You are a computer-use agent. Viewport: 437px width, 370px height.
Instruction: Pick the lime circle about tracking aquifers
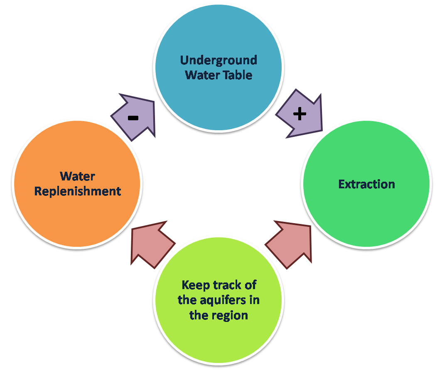point(218,332)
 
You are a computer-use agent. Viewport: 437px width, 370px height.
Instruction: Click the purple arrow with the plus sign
point(300,114)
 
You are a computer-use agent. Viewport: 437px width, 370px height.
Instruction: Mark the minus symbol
point(133,118)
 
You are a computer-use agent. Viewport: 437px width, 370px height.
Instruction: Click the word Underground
point(218,60)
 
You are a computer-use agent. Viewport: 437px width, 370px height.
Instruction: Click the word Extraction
point(366,184)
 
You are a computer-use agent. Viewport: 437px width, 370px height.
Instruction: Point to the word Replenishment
point(78,191)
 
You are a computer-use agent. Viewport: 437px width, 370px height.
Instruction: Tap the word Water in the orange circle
point(78,176)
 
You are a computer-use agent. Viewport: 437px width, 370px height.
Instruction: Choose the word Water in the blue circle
point(202,75)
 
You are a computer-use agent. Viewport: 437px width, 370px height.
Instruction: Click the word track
point(228,285)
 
